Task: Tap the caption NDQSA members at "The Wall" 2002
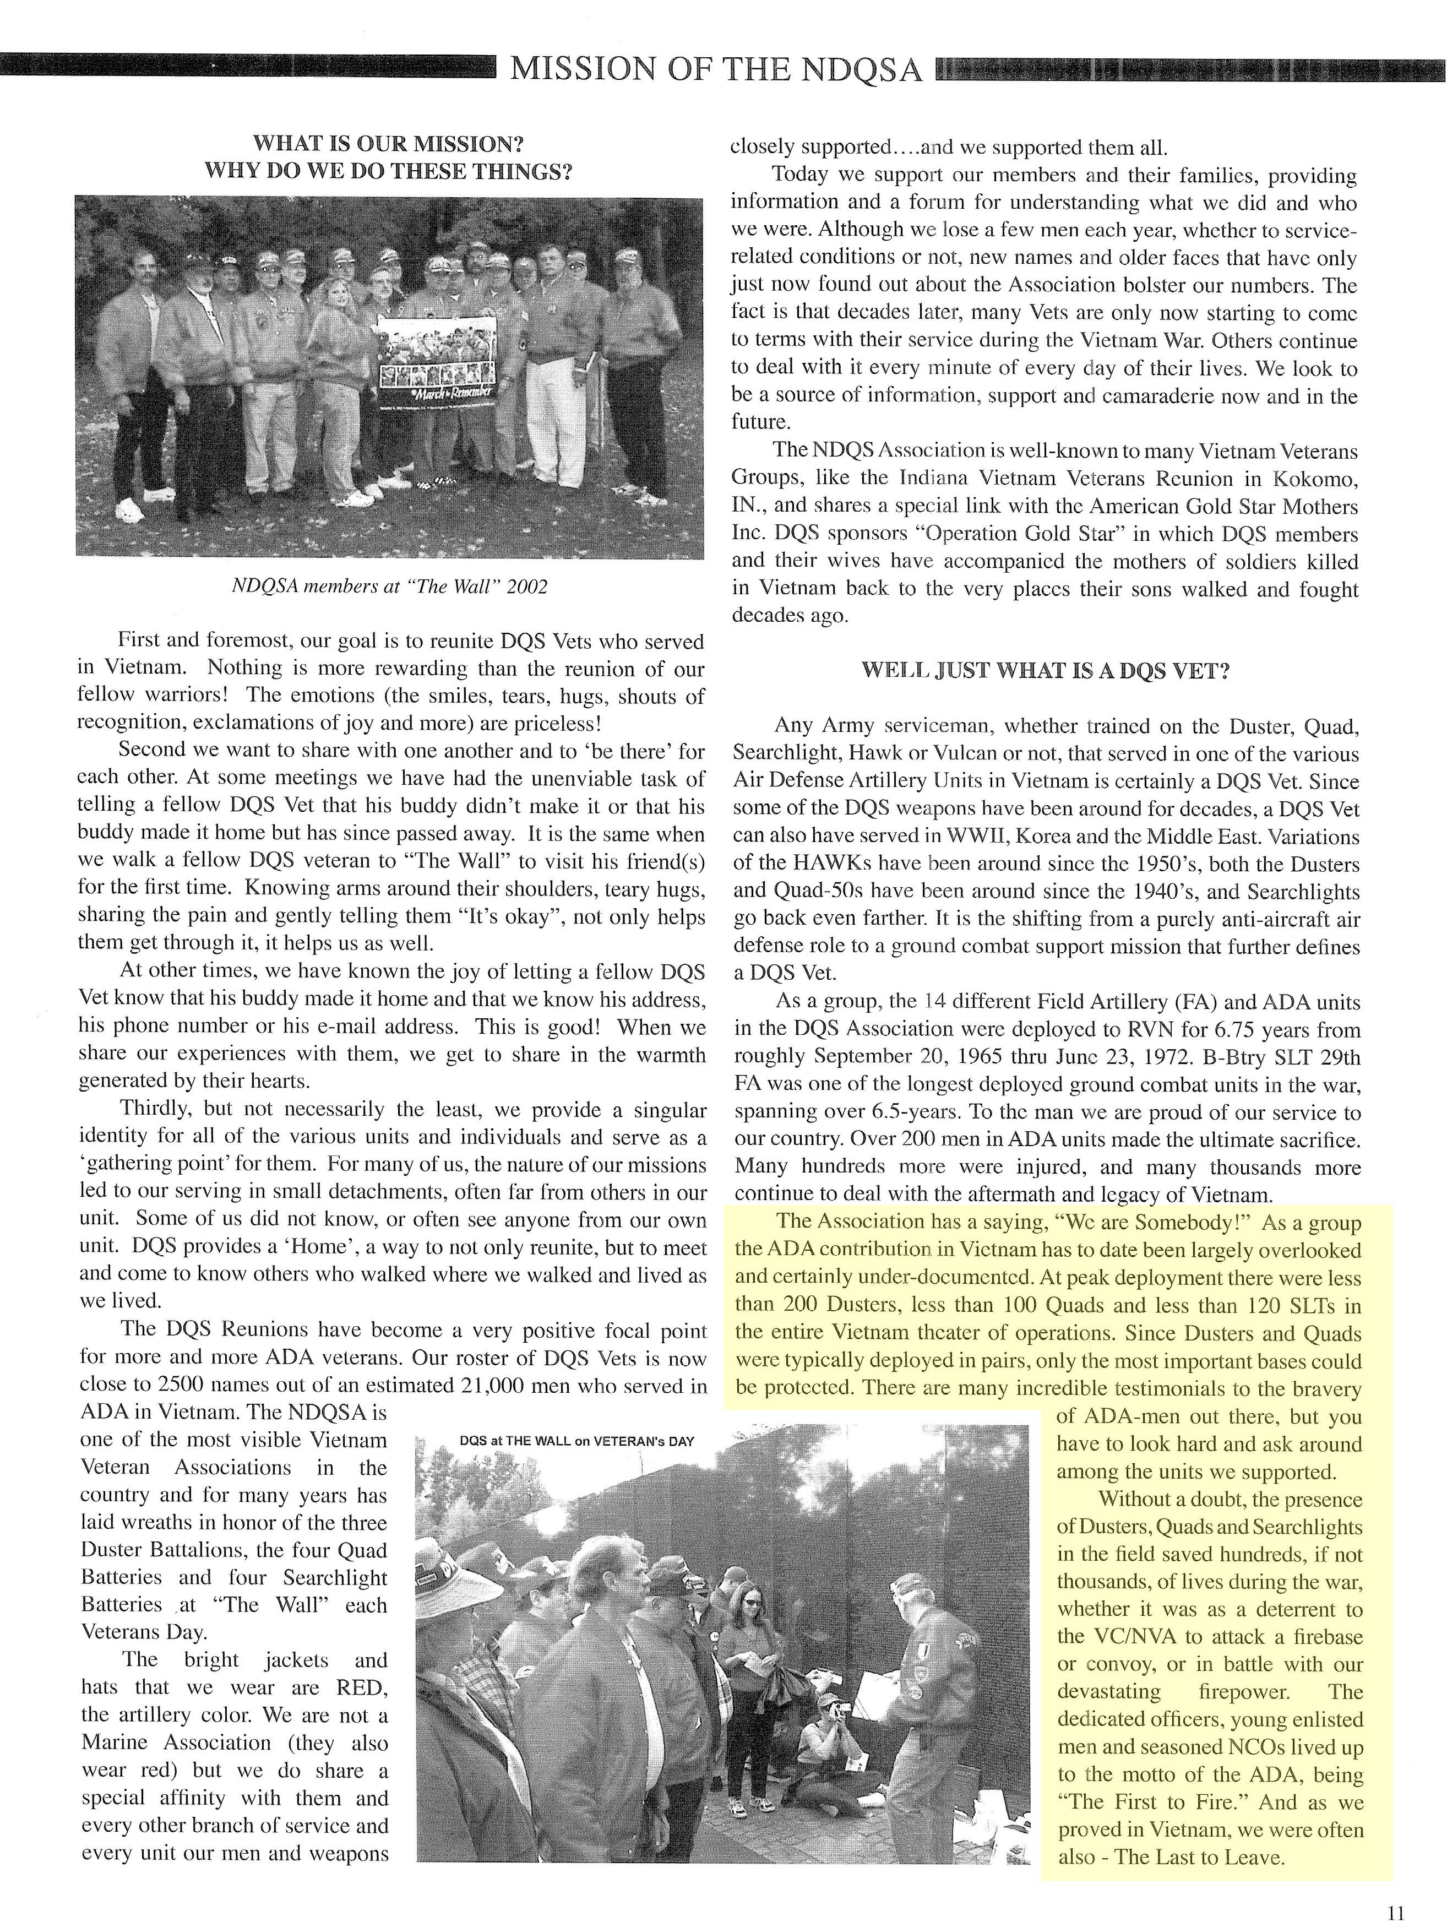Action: tap(389, 587)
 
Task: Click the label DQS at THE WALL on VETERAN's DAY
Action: tap(576, 1441)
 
